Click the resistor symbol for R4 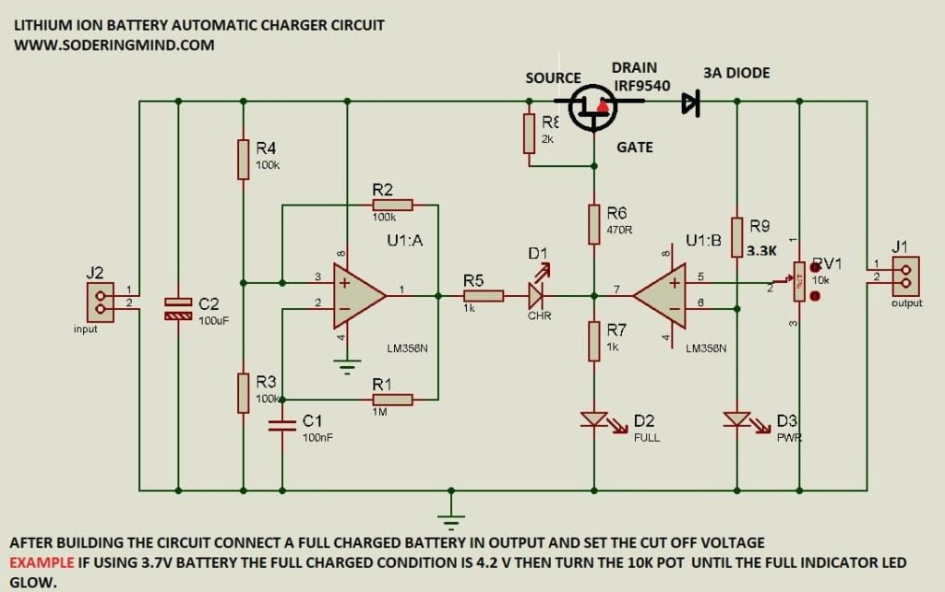[x=243, y=159]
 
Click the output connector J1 [x=905, y=277]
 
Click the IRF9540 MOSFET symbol [x=591, y=107]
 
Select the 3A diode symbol [x=690, y=103]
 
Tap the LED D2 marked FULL [x=594, y=420]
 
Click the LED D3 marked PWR [x=736, y=420]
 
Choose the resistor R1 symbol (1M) [x=392, y=399]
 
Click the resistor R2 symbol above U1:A [x=392, y=205]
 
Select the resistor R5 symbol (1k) [x=483, y=296]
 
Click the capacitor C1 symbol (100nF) [x=282, y=425]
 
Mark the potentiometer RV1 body [x=799, y=281]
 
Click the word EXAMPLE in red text [x=42, y=562]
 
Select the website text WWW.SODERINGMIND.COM [x=114, y=44]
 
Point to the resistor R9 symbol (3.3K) [x=736, y=237]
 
